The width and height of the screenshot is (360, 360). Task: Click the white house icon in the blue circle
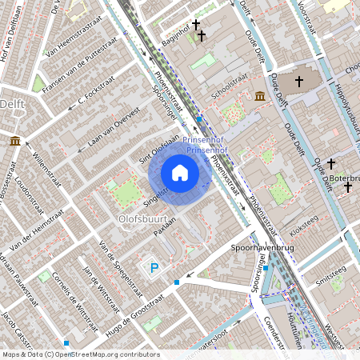pyautogui.click(x=180, y=172)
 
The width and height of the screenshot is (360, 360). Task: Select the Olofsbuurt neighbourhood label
pyautogui.click(x=141, y=217)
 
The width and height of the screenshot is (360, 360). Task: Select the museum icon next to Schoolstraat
pyautogui.click(x=259, y=98)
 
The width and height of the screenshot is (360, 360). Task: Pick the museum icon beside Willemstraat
pyautogui.click(x=15, y=142)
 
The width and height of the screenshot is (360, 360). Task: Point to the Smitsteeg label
pyautogui.click(x=330, y=280)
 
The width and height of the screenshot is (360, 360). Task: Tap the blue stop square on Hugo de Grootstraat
pyautogui.click(x=177, y=282)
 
